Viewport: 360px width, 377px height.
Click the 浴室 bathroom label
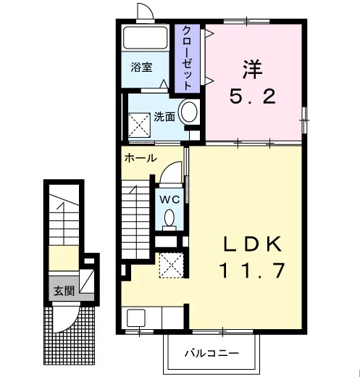click(x=141, y=67)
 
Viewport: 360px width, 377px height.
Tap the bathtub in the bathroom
click(x=146, y=38)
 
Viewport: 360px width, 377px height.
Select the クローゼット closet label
click(x=187, y=58)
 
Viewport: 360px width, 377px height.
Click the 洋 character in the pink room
click(x=252, y=70)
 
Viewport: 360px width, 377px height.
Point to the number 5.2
click(x=253, y=96)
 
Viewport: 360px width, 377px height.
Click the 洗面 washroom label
click(x=164, y=117)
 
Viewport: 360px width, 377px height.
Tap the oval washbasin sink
click(x=189, y=112)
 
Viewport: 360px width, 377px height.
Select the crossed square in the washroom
click(x=139, y=125)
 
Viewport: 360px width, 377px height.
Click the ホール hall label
click(x=141, y=159)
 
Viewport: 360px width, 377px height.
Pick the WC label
click(x=169, y=199)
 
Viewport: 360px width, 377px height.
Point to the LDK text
click(x=253, y=244)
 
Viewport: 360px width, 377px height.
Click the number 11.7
click(x=252, y=270)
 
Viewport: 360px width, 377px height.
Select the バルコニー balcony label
click(x=212, y=354)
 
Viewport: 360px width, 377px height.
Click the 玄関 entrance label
click(x=64, y=291)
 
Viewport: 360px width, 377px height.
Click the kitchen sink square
click(x=136, y=318)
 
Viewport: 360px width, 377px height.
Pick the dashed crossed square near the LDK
click(x=172, y=265)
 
